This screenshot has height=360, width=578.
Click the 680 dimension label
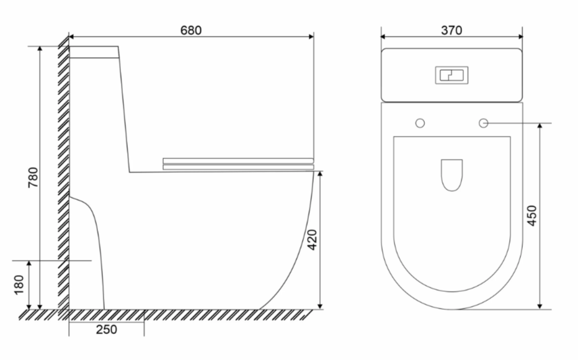(191, 30)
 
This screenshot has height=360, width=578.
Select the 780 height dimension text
(33, 178)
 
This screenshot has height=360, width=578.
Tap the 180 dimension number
(19, 285)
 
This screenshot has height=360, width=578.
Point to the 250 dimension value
(107, 330)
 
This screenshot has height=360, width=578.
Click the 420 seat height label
(312, 240)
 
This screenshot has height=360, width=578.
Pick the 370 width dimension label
(451, 30)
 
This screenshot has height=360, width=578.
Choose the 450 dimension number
(532, 216)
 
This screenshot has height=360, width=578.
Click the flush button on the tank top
(451, 75)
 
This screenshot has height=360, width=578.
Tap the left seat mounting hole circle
(420, 123)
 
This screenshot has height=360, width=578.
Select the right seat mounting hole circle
(483, 123)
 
